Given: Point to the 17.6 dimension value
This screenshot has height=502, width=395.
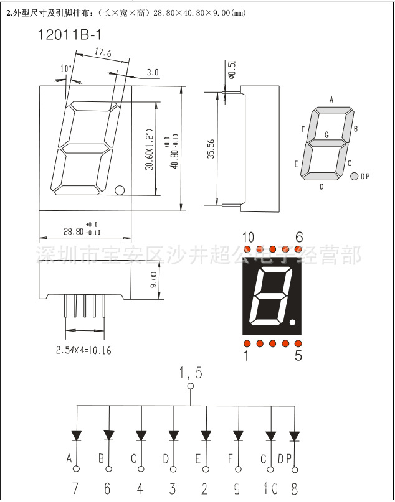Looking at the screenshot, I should click(x=103, y=54).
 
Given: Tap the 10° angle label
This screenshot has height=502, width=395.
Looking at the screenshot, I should click(x=66, y=68).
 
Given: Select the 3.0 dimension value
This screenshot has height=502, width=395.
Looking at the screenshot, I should click(x=153, y=73).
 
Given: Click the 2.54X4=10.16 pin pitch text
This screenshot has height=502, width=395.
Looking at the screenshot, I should click(x=83, y=351).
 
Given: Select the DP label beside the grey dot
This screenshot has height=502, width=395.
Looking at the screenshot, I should click(x=365, y=177).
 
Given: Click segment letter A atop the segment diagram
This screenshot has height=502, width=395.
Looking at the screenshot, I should click(x=331, y=100).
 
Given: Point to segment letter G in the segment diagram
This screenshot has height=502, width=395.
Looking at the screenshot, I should click(x=326, y=135).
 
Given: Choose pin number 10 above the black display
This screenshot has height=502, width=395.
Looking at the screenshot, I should click(x=248, y=237).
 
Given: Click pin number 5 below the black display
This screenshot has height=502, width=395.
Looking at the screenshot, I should click(x=298, y=356).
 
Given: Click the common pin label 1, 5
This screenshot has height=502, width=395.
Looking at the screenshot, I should click(x=191, y=373).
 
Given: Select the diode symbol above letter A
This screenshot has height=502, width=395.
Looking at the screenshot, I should click(x=77, y=435).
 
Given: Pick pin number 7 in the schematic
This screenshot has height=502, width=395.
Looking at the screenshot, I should click(x=75, y=488).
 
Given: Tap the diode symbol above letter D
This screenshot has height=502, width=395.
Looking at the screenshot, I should click(x=173, y=435).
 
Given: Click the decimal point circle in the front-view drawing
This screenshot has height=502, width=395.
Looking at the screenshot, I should click(x=120, y=190).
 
